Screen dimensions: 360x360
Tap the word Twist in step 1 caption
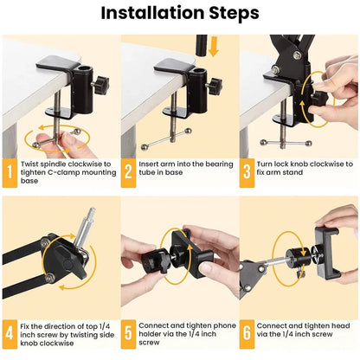(x=34, y=163)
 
